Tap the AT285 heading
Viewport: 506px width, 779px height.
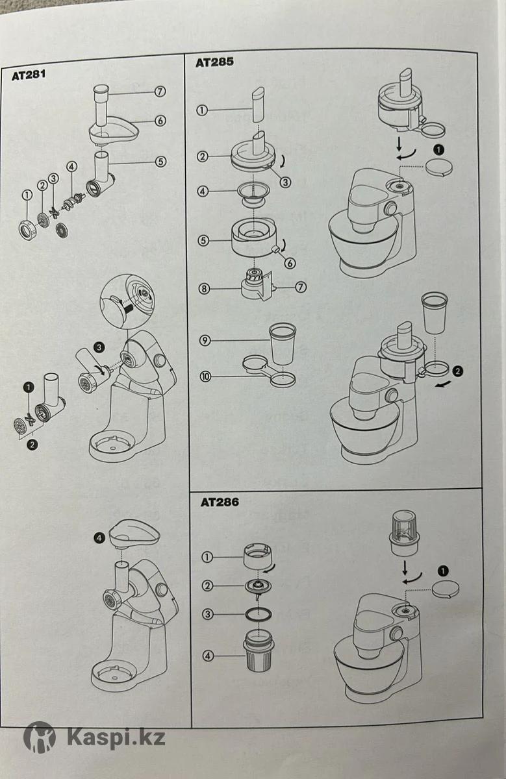[x=214, y=62]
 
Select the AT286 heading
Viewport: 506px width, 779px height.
[x=220, y=502]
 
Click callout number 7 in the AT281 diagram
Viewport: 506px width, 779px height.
[x=160, y=92]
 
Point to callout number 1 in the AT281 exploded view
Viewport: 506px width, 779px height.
[x=27, y=194]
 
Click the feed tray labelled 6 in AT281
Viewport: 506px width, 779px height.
[x=114, y=130]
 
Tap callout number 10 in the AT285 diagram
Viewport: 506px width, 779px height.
[x=205, y=376]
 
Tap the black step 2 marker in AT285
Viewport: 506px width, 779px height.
[x=458, y=371]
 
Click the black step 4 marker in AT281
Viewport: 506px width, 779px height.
[x=98, y=538]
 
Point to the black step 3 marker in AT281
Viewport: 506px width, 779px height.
[x=98, y=347]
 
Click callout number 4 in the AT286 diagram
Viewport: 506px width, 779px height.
[x=208, y=656]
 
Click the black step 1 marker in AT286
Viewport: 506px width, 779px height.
[x=444, y=571]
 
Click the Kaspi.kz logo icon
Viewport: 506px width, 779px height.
[x=40, y=737]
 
